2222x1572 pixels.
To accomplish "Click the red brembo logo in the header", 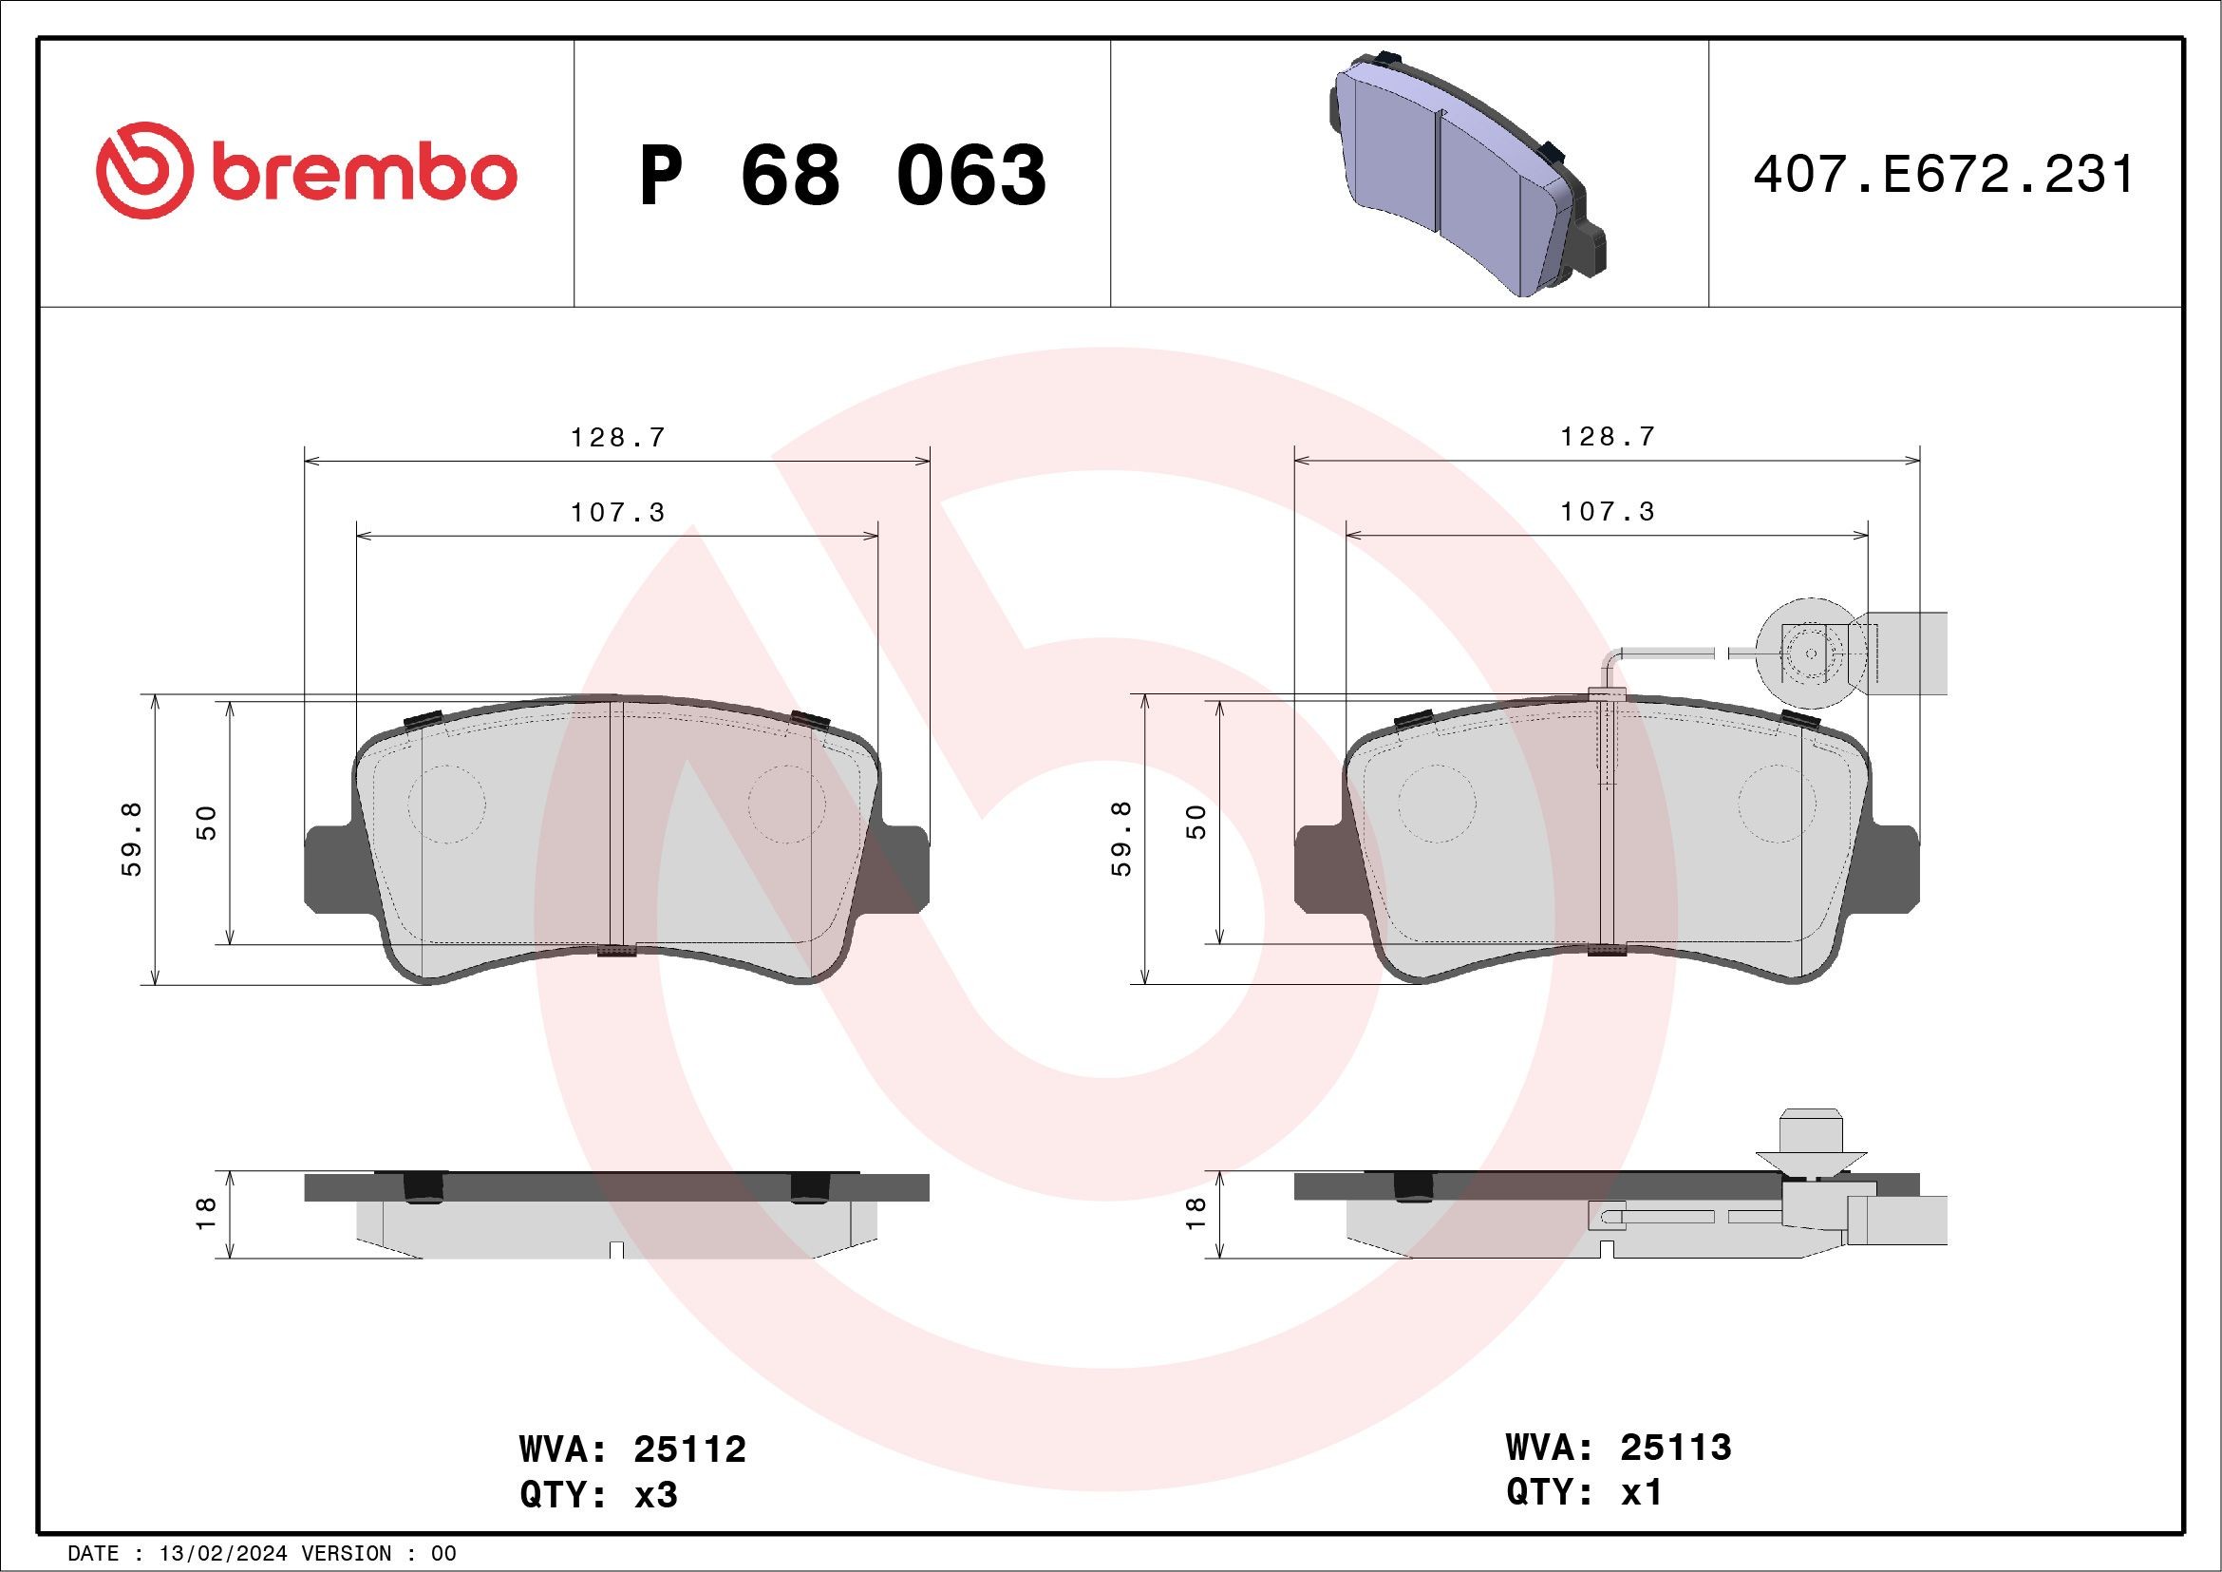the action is point(306,170).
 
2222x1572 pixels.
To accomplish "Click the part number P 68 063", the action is point(843,175).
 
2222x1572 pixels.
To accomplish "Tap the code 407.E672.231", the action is point(1943,175).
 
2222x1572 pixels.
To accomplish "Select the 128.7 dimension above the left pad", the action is point(617,438).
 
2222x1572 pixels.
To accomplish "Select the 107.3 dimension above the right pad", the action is point(1608,511).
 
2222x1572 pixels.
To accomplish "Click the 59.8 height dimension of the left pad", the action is point(132,839).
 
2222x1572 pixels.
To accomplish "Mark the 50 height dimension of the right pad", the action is point(1196,822).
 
